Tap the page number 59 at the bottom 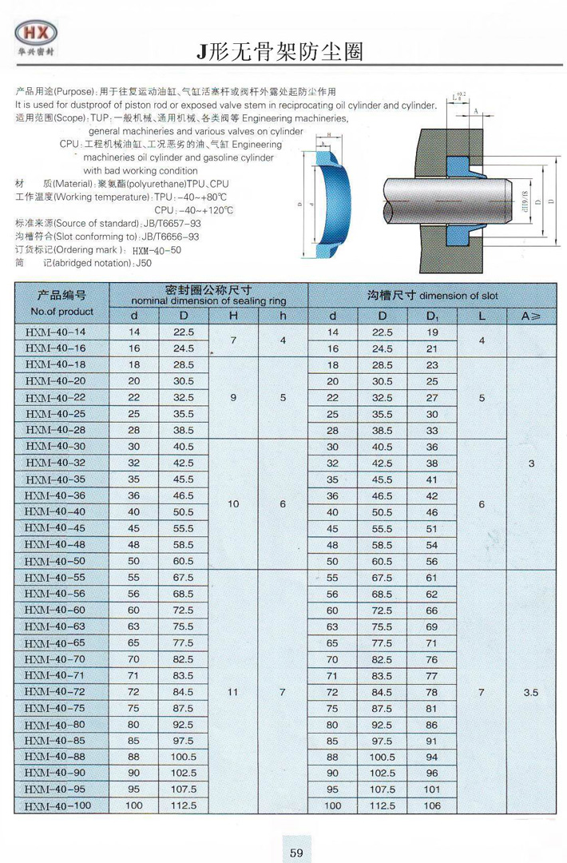tap(296, 852)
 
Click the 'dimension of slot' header tap(457, 296)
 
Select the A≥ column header tap(531, 316)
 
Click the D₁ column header tap(433, 316)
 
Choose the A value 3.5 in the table tap(531, 693)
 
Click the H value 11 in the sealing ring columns tap(233, 693)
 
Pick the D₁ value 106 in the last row tap(433, 806)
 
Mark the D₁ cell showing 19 tap(433, 332)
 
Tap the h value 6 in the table tap(283, 504)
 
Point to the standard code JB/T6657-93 tap(165, 224)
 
